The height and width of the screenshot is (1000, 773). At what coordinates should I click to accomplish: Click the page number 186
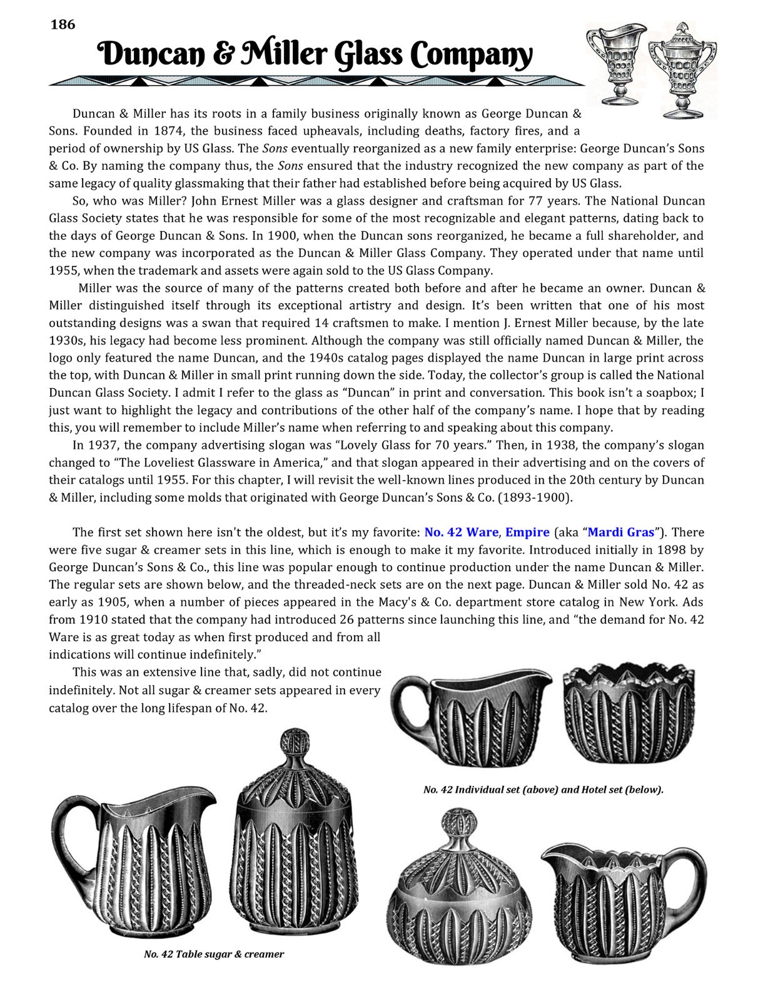(x=63, y=24)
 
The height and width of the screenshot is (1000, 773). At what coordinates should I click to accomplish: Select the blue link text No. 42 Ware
(x=461, y=532)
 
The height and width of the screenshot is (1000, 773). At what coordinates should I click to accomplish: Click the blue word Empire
(x=527, y=532)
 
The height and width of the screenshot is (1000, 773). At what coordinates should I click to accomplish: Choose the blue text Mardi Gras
(x=621, y=532)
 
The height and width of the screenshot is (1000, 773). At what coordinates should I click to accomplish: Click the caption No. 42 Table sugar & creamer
(x=214, y=954)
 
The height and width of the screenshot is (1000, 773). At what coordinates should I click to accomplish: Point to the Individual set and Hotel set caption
(x=543, y=789)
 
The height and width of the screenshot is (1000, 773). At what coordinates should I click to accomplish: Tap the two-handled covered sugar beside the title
(x=681, y=69)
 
